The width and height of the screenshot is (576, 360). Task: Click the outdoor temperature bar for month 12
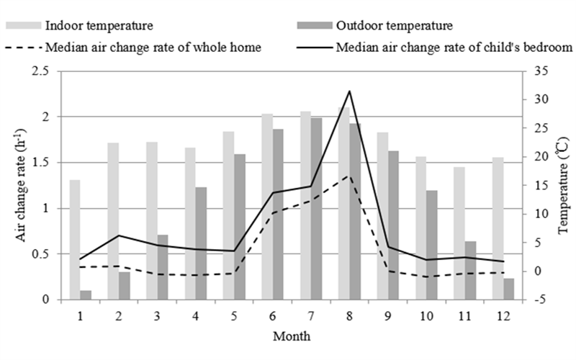[508, 289]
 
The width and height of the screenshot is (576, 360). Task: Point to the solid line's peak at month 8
[349, 91]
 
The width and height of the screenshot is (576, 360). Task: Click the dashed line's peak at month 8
[349, 175]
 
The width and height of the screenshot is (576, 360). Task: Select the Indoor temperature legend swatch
[24, 27]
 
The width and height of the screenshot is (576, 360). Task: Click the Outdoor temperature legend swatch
[314, 27]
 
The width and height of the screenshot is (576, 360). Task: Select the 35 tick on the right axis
[542, 71]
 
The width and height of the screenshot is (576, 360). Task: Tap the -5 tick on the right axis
[541, 300]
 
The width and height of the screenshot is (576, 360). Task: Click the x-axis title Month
[292, 336]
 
